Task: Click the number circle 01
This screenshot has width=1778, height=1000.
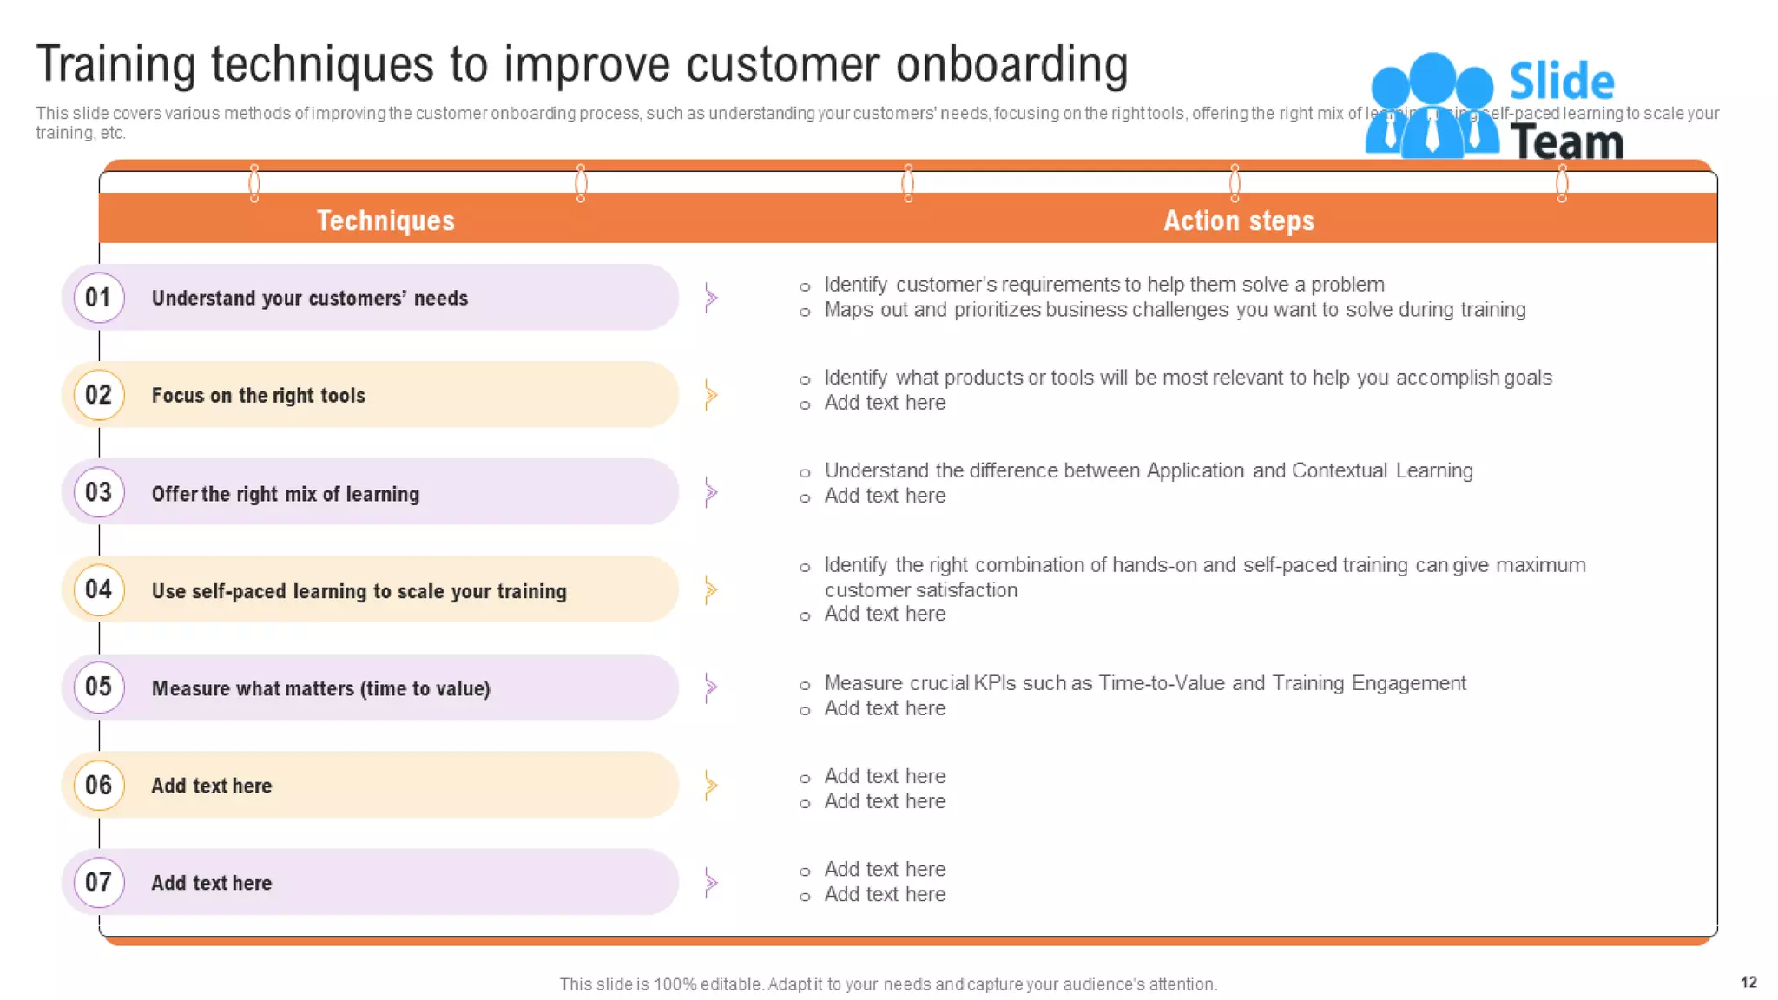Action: (99, 297)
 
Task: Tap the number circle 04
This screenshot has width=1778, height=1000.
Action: (99, 589)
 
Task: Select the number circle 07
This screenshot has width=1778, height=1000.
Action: (99, 882)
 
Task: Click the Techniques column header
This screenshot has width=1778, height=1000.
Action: (385, 220)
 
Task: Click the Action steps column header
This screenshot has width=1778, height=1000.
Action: (1238, 220)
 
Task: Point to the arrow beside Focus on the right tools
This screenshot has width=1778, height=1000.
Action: (711, 395)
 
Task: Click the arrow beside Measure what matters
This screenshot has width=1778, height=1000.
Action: (711, 687)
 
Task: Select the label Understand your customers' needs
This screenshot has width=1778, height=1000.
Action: (309, 298)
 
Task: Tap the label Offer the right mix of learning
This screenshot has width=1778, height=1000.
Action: (285, 494)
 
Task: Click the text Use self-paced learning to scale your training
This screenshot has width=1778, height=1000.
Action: (359, 591)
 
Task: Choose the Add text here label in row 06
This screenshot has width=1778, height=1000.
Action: (211, 786)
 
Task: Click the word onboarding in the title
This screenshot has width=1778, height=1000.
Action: (1011, 64)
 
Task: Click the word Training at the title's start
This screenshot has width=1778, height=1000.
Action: (116, 64)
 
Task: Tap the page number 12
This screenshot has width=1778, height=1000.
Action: (1748, 982)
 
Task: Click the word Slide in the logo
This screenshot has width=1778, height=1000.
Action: (1561, 82)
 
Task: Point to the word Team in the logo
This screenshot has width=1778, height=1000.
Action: (1566, 141)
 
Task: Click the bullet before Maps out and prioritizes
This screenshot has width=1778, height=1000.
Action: (805, 312)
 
